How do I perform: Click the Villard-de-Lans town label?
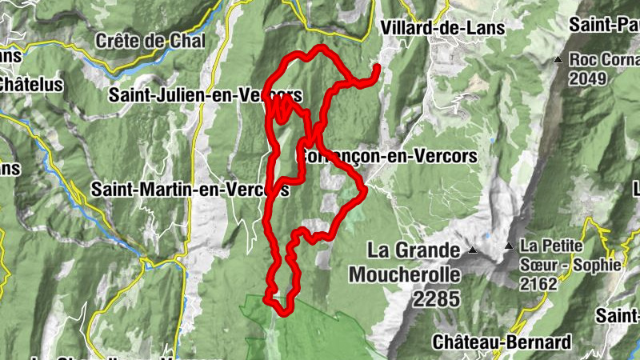[x=443, y=28]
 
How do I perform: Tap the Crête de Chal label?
[x=150, y=40]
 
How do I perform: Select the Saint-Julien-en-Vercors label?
[x=216, y=94]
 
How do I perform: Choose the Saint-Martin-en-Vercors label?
[x=190, y=190]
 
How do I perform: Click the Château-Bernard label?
[x=502, y=342]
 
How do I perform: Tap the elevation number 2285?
[x=437, y=299]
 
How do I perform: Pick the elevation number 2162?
[x=537, y=282]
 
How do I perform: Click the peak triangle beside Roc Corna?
[x=558, y=60]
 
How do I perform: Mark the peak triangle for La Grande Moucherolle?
[x=472, y=251]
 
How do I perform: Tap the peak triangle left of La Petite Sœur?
[x=508, y=246]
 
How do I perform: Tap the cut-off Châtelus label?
[x=20, y=82]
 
